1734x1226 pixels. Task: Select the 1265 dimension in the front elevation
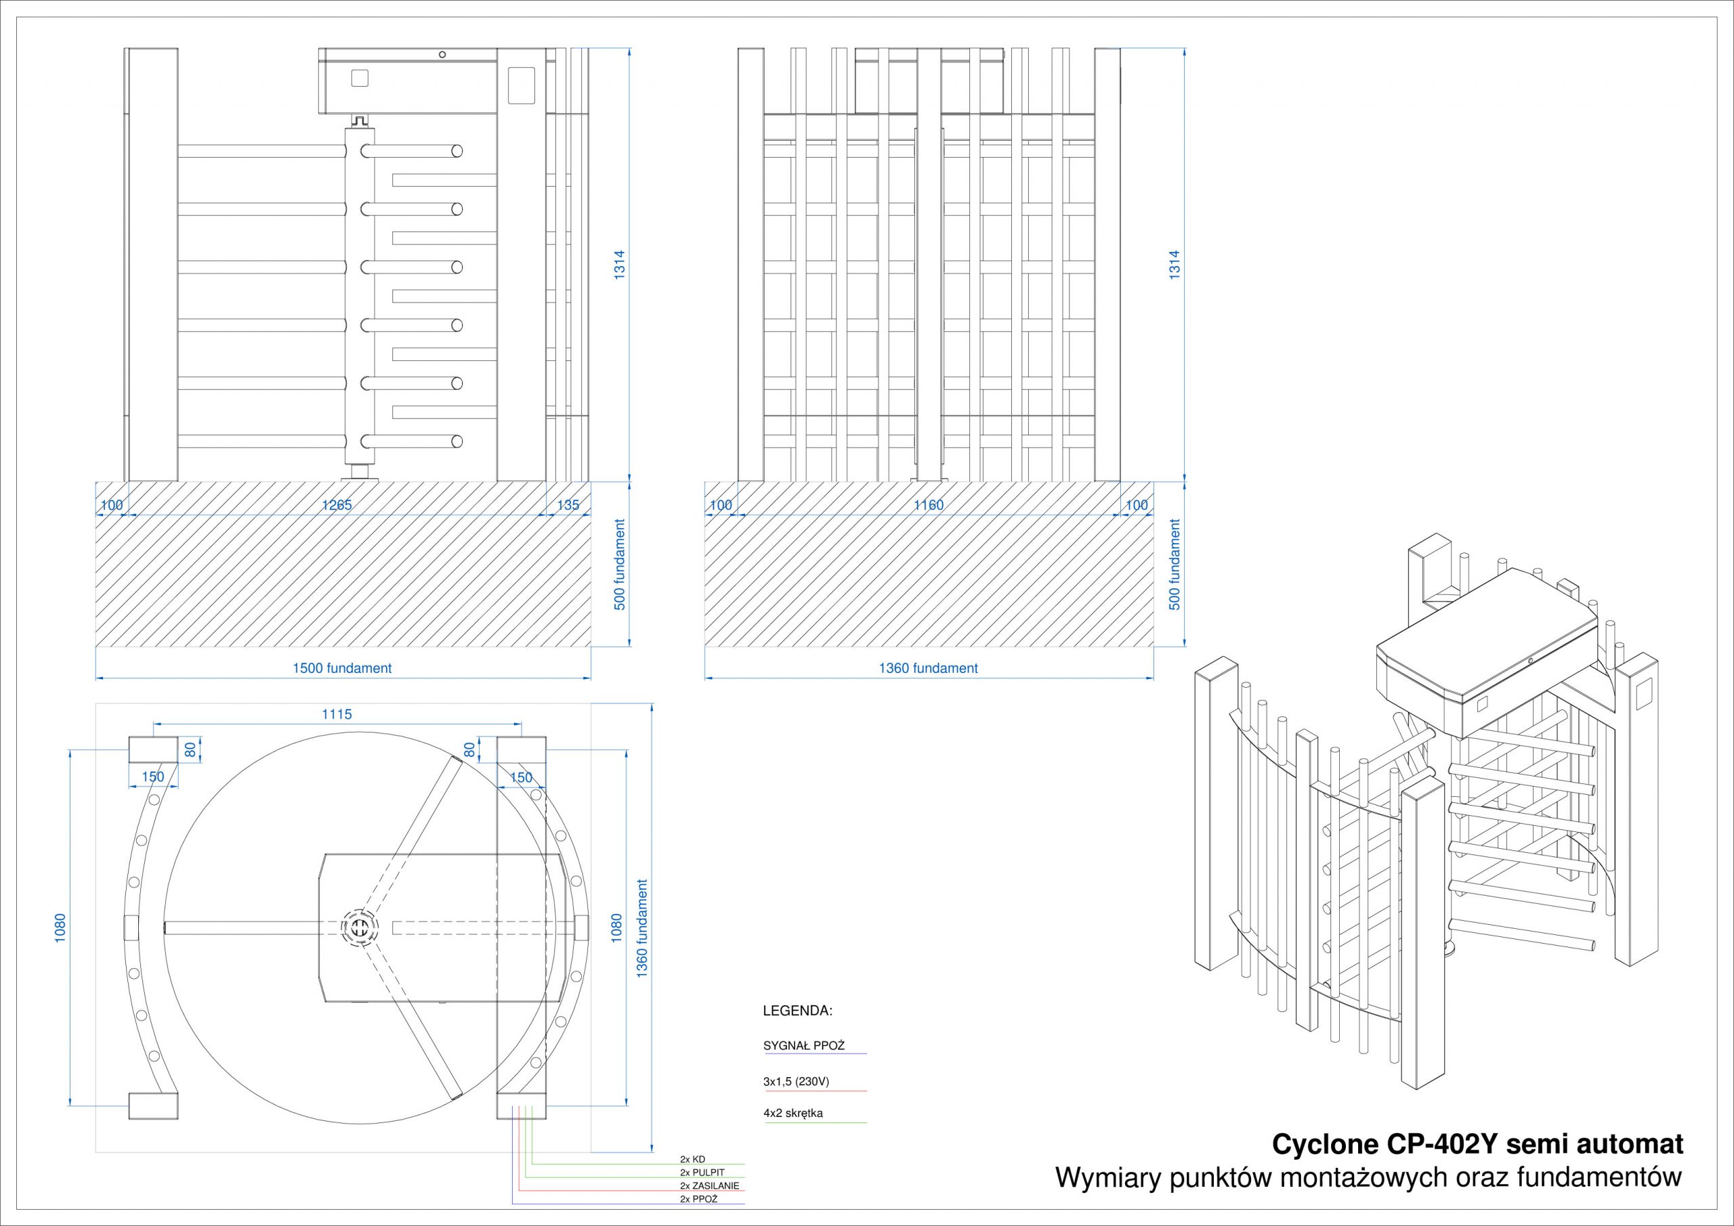337,505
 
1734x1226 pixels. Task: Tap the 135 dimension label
568,505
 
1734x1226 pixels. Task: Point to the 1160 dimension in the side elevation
928,505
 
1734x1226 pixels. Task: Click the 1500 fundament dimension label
342,668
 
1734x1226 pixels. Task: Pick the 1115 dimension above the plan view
337,714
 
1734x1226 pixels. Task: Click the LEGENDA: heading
797,1010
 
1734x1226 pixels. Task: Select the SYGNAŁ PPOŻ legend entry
803,1045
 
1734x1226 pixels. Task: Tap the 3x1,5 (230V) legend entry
796,1081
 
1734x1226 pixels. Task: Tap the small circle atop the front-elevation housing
442,54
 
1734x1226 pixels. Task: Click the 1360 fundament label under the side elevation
928,668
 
